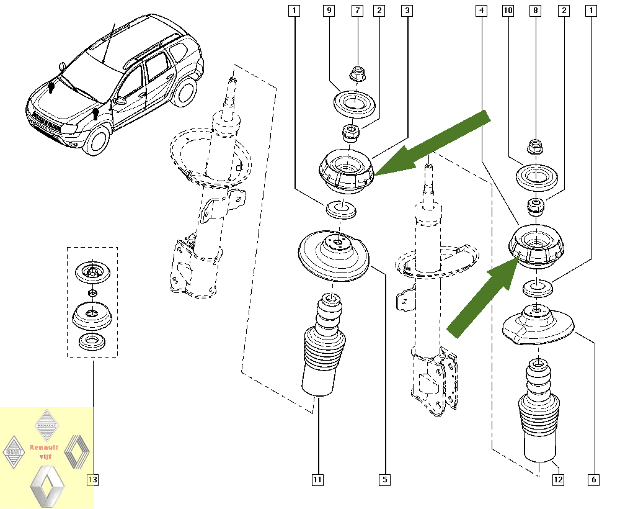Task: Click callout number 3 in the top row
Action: coord(407,11)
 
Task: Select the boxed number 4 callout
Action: coord(480,11)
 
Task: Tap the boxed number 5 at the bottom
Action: coord(384,479)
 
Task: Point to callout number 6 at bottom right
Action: coord(594,479)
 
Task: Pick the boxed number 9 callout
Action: coord(329,11)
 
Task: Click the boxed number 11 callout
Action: coord(317,479)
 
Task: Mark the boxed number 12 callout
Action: coord(557,479)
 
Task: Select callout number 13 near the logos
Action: coord(92,479)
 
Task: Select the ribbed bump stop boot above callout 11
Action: coord(324,348)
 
